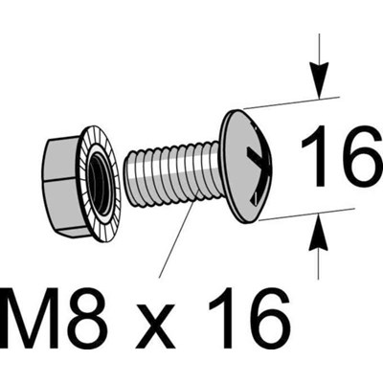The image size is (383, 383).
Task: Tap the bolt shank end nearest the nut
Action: point(127,177)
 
